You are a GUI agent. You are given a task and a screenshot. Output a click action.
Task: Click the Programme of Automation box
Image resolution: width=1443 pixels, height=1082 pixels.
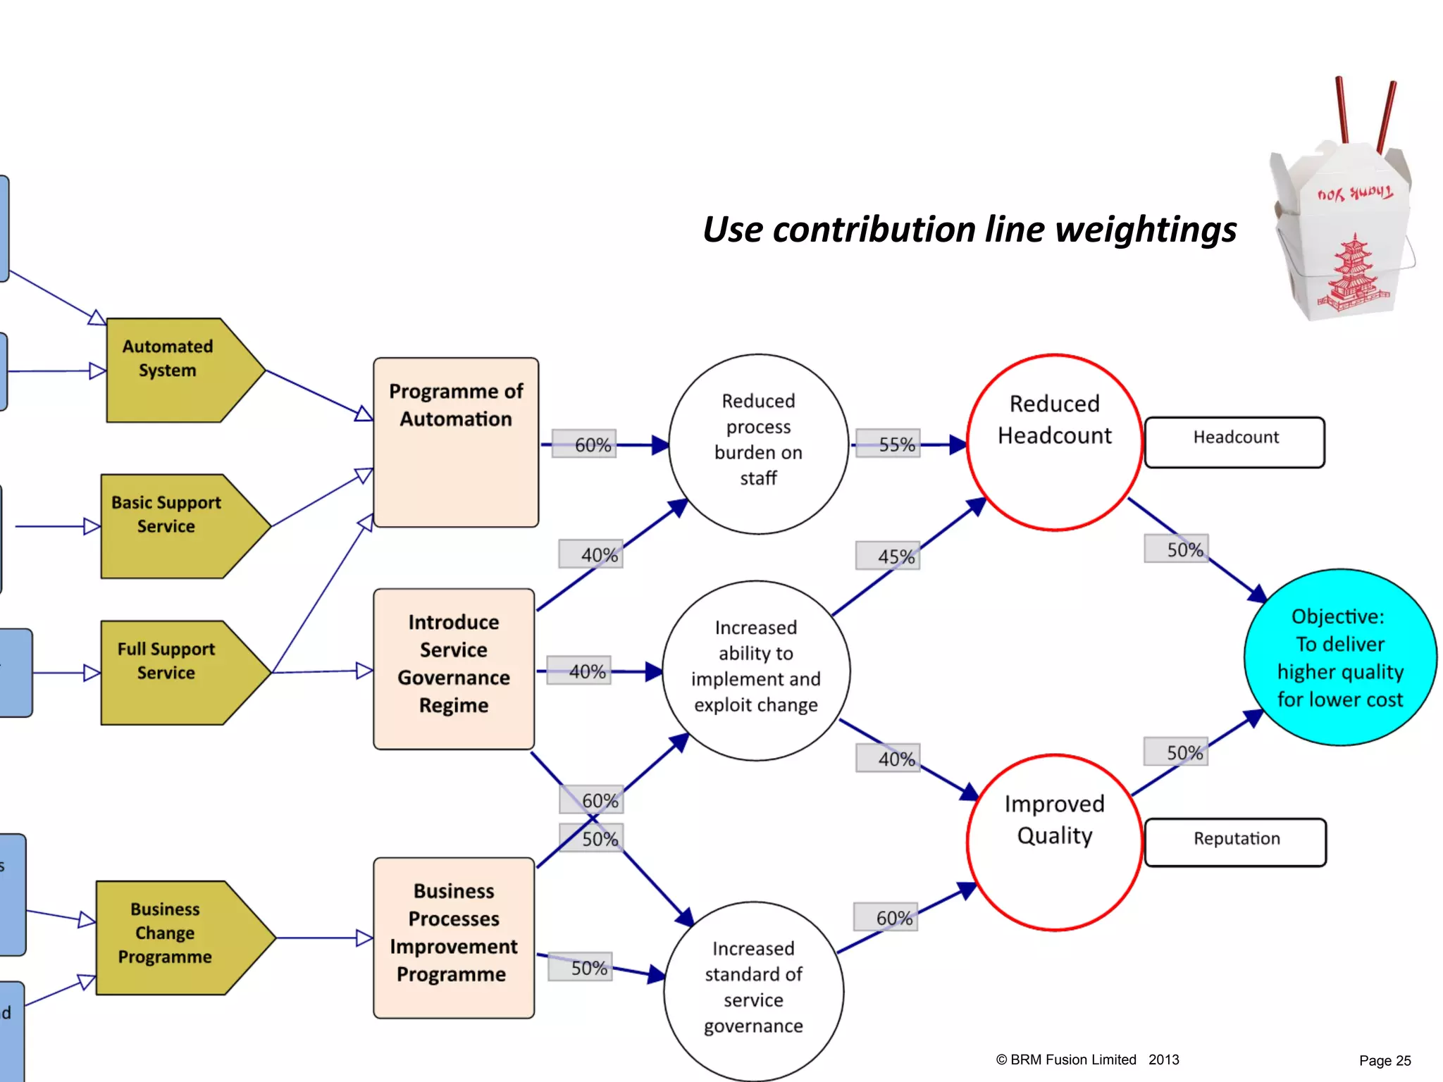[456, 442]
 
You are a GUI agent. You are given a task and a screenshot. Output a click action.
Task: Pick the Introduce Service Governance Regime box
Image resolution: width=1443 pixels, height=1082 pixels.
[454, 669]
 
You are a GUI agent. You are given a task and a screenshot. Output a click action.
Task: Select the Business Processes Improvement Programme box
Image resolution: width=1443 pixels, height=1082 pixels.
[454, 937]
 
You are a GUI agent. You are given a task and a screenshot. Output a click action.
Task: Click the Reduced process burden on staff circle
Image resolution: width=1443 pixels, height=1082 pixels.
[758, 444]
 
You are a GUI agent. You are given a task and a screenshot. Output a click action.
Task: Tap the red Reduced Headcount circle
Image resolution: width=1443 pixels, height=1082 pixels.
[1054, 442]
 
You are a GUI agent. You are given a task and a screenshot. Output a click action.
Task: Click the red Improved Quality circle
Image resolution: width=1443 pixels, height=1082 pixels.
[1054, 842]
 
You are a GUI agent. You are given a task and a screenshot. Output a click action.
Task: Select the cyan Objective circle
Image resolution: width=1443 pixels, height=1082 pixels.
[1340, 657]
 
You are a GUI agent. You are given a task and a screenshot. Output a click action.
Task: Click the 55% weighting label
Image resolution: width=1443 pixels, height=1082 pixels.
[888, 444]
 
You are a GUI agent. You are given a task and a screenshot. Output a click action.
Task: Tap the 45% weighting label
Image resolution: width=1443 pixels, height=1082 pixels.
[888, 556]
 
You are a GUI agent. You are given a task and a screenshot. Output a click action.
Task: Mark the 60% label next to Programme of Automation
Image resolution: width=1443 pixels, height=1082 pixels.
[584, 444]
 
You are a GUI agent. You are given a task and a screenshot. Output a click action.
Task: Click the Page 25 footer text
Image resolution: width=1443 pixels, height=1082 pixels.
[1385, 1060]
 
